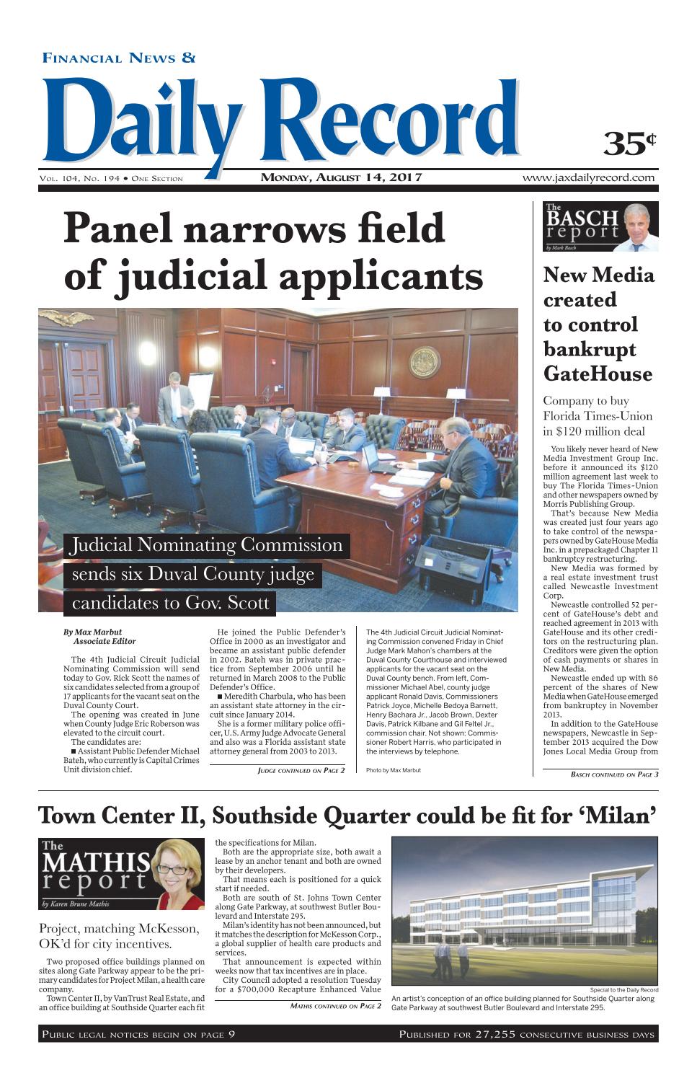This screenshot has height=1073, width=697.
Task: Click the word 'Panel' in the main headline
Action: pyautogui.click(x=122, y=229)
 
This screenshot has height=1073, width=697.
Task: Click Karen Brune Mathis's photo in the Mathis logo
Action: pyautogui.click(x=179, y=874)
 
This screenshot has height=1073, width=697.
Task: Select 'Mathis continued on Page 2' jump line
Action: pyautogui.click(x=335, y=1006)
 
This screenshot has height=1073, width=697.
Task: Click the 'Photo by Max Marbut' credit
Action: pyautogui.click(x=394, y=770)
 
